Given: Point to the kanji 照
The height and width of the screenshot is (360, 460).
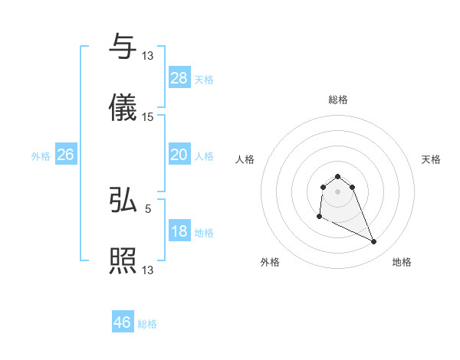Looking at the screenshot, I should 123,261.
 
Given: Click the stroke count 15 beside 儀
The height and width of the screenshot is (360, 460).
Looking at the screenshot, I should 148,117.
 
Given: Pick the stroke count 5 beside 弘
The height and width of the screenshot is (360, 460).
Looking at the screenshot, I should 148,208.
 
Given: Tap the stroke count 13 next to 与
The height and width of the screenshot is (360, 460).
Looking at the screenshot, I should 148,55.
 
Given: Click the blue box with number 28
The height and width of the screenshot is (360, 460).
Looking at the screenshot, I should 179,78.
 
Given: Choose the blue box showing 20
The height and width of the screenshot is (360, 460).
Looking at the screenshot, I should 179,155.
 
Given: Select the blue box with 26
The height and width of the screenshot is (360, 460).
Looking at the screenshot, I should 65,155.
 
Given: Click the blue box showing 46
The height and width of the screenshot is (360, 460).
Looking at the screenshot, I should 123,322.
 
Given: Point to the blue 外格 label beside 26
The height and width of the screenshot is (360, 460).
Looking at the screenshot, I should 41,156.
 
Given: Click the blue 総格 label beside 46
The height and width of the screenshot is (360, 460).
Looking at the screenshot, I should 147,324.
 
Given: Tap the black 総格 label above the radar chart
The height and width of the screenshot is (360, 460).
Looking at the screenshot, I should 337,100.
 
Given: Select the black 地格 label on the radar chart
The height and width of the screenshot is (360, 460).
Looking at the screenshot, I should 402,262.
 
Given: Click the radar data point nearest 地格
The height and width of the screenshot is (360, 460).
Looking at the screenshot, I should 374,242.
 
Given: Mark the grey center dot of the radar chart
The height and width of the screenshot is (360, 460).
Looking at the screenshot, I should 337,191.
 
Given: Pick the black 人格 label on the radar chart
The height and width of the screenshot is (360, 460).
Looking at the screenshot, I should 245,159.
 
